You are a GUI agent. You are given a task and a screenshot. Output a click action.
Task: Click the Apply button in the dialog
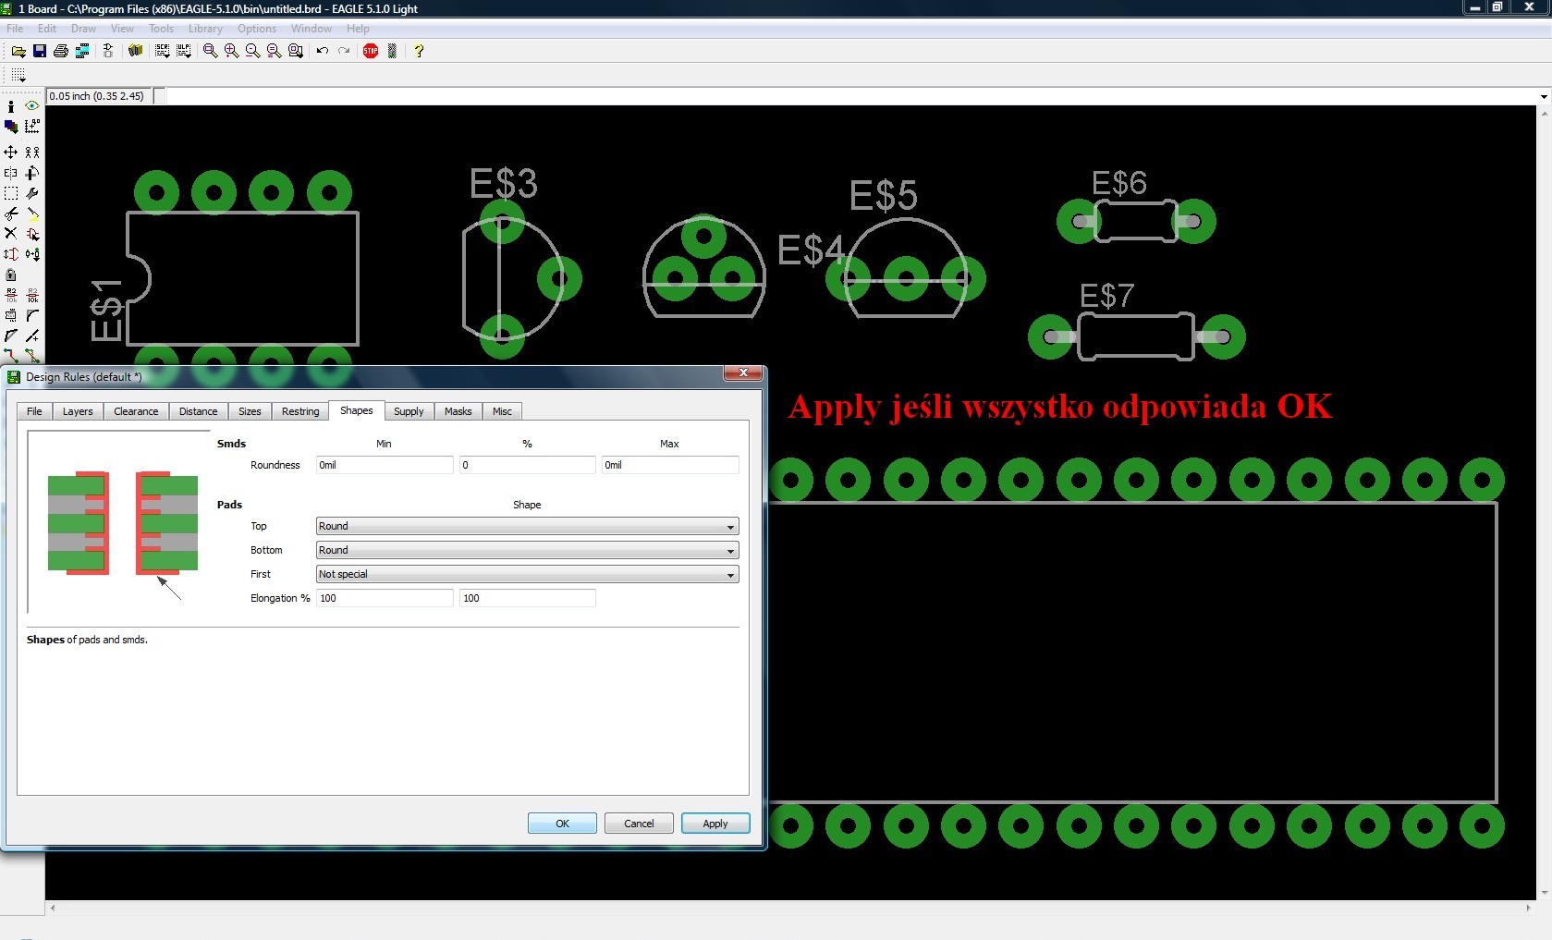(715, 823)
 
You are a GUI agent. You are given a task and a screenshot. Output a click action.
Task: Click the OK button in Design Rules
(562, 823)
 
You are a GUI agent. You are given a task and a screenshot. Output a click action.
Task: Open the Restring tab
(300, 410)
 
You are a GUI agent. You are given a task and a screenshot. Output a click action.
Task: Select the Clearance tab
(136, 410)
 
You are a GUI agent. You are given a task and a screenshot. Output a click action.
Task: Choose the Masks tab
(458, 410)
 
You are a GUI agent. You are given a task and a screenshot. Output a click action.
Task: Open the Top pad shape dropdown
(527, 526)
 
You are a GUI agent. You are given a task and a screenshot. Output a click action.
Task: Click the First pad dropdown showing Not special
(527, 574)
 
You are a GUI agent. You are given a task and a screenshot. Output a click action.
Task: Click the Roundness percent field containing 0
(527, 465)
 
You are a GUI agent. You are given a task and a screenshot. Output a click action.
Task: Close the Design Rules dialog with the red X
(743, 372)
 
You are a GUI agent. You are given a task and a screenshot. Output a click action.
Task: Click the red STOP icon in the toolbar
(371, 51)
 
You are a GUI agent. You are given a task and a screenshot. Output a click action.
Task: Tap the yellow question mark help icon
(419, 51)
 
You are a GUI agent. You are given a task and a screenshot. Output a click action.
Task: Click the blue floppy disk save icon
(40, 51)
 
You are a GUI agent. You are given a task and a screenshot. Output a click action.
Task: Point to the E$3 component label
(504, 184)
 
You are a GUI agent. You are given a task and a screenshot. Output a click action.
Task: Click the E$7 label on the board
(1107, 296)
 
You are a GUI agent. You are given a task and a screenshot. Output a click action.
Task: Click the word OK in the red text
(1304, 407)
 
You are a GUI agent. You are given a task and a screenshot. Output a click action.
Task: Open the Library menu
(205, 29)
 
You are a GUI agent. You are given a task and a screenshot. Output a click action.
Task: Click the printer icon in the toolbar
(61, 51)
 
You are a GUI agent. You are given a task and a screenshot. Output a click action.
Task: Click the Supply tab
(408, 410)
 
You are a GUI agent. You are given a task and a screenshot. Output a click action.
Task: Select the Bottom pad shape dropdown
(527, 550)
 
